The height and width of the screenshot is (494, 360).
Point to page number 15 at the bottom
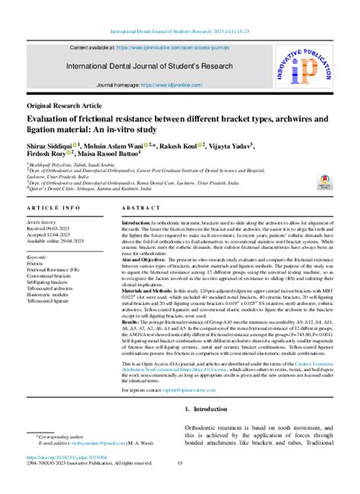[x=180, y=464]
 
